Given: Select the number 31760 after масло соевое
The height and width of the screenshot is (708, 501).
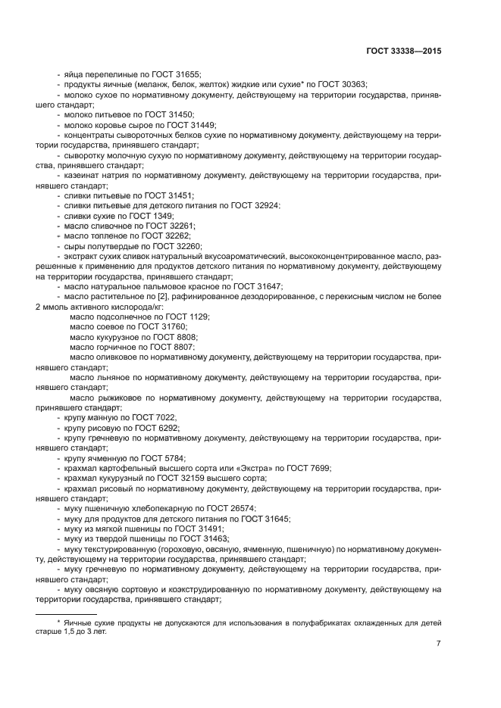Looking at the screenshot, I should point(174,327).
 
